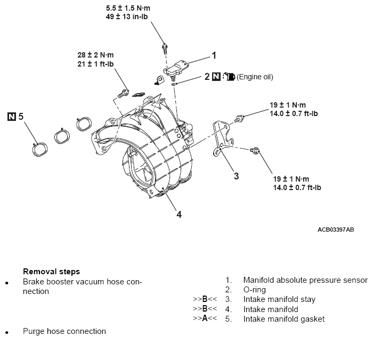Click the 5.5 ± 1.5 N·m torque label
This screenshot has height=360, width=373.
[128, 9]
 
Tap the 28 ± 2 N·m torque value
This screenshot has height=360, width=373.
[95, 55]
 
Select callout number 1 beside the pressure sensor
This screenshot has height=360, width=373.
[214, 55]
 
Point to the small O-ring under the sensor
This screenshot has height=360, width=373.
[174, 84]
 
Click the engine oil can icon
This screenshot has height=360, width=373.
[229, 77]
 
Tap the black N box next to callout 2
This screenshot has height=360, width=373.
[216, 77]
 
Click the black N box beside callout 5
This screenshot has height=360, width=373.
[12, 117]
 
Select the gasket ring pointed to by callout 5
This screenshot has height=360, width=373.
[40, 149]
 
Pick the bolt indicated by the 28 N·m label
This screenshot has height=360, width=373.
[123, 93]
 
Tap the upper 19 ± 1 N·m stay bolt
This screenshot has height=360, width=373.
[239, 118]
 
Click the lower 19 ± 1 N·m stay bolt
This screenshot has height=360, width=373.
[255, 150]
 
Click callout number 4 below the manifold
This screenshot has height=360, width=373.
[179, 215]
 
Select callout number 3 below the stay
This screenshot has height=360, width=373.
[236, 176]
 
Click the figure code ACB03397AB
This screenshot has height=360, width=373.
[336, 230]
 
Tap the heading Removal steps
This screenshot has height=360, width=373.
[51, 272]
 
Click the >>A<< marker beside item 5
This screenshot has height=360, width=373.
[205, 318]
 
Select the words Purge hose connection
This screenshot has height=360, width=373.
[64, 331]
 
